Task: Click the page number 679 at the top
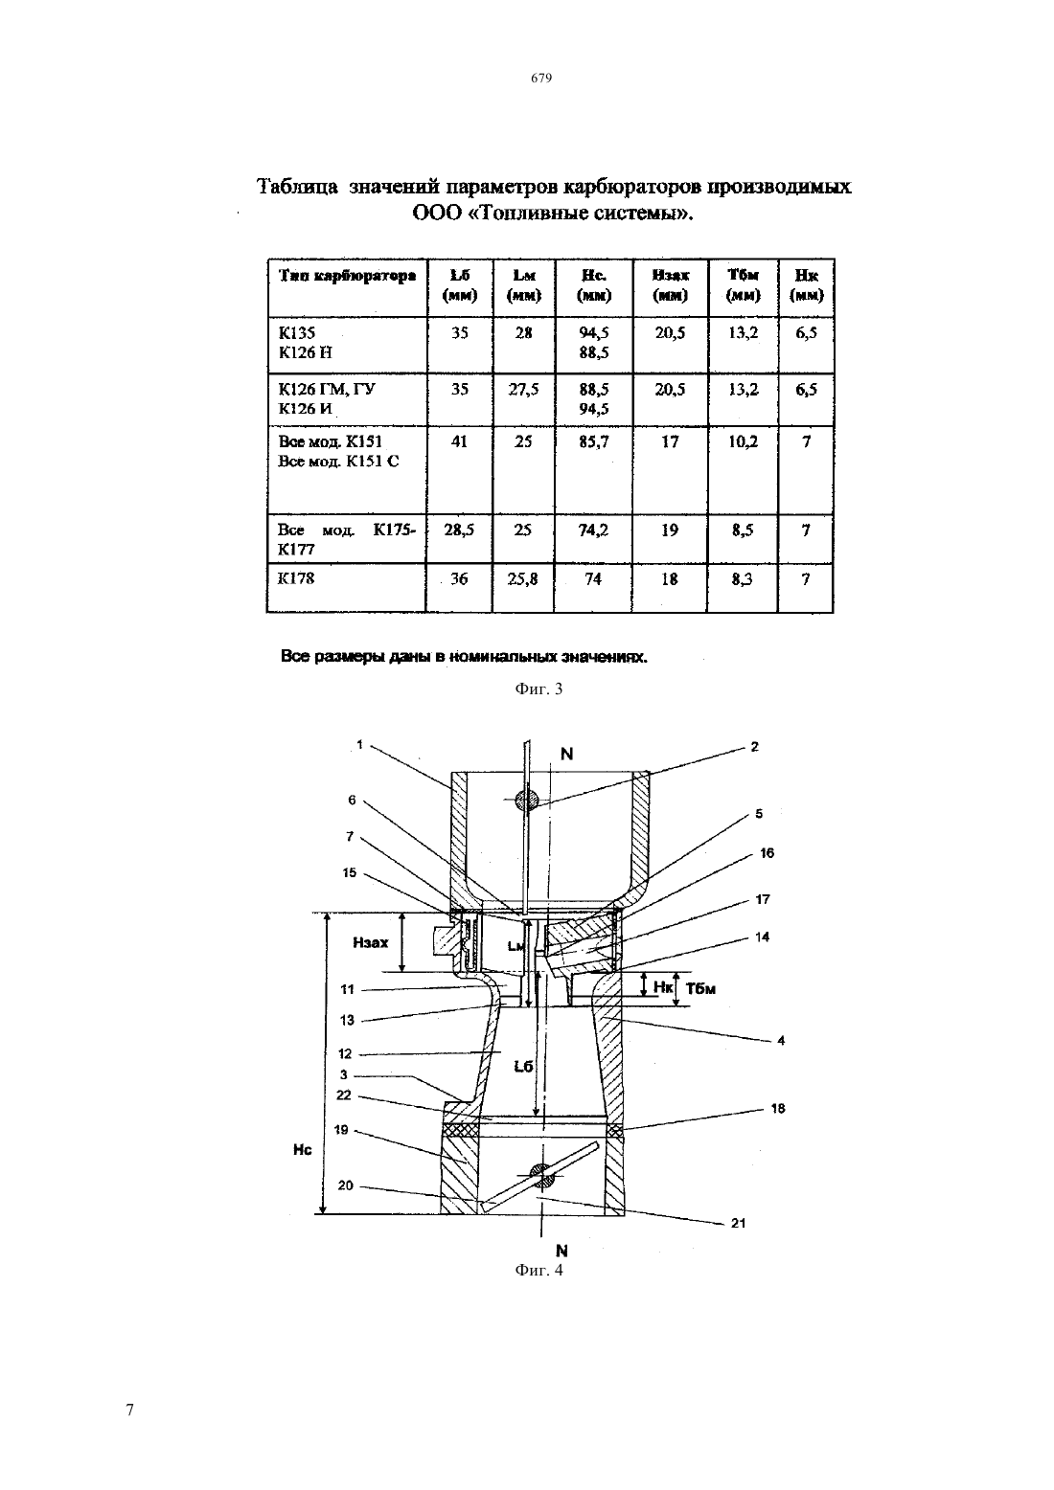[x=541, y=78]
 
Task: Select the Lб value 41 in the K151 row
[x=459, y=441]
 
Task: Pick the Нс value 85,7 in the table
[x=593, y=441]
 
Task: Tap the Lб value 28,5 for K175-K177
[x=459, y=531]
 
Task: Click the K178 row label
[x=296, y=578]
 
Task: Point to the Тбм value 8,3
[x=742, y=579]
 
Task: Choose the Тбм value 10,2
[x=743, y=441]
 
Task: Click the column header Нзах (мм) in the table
[x=670, y=285]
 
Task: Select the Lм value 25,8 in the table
[x=522, y=579]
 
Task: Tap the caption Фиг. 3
[x=538, y=689]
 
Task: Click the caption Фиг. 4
[x=538, y=1270]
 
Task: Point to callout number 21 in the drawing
[x=739, y=1223]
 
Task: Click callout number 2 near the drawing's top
[x=755, y=746]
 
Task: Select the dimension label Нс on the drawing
[x=302, y=1150]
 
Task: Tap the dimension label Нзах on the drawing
[x=370, y=942]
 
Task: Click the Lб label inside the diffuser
[x=524, y=1066]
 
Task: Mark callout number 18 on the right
[x=777, y=1108]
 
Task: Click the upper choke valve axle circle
[x=527, y=801]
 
